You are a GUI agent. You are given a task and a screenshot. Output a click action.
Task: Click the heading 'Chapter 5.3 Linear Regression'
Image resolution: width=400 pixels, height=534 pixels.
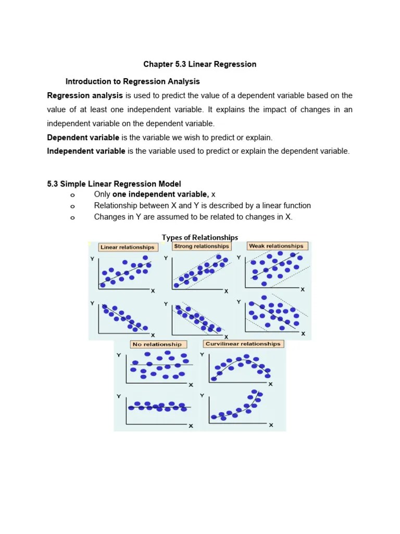click(x=200, y=64)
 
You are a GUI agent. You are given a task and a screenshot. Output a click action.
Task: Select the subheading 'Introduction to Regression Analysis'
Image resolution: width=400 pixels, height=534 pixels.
click(x=132, y=81)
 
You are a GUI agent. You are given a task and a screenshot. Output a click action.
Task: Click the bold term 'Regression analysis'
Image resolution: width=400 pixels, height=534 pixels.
click(x=85, y=95)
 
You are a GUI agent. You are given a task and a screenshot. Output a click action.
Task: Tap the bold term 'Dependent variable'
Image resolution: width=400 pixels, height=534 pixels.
click(x=83, y=138)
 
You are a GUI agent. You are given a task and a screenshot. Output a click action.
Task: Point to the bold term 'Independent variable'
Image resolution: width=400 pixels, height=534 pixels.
click(x=86, y=151)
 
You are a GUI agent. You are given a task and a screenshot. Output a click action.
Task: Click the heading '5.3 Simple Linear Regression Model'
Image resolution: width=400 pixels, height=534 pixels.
click(x=114, y=184)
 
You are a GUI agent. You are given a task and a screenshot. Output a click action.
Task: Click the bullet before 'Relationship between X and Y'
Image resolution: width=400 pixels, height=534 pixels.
click(x=72, y=206)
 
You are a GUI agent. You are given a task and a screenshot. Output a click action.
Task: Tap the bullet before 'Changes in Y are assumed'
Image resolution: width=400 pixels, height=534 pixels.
click(x=72, y=217)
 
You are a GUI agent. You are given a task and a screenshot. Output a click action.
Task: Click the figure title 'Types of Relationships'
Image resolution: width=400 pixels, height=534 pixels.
click(x=200, y=237)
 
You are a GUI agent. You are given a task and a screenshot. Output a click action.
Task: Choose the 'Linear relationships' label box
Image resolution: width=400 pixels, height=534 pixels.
click(x=127, y=247)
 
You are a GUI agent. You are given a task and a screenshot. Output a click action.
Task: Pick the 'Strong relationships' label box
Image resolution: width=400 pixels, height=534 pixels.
click(x=201, y=246)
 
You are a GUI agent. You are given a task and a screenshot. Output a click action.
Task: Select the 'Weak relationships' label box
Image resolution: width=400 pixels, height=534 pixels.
click(x=276, y=246)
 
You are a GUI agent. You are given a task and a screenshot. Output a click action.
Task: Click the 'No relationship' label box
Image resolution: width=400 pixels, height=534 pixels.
click(x=157, y=344)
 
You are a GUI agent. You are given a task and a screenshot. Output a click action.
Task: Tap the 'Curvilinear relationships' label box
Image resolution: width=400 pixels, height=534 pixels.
click(x=243, y=344)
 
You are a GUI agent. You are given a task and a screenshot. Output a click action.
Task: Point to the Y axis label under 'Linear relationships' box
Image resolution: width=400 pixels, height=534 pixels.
click(x=92, y=259)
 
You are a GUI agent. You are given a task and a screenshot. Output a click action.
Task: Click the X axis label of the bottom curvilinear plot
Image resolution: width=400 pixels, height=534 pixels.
click(x=270, y=425)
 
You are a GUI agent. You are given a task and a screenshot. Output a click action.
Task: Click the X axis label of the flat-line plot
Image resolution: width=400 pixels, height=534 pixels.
click(x=191, y=426)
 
